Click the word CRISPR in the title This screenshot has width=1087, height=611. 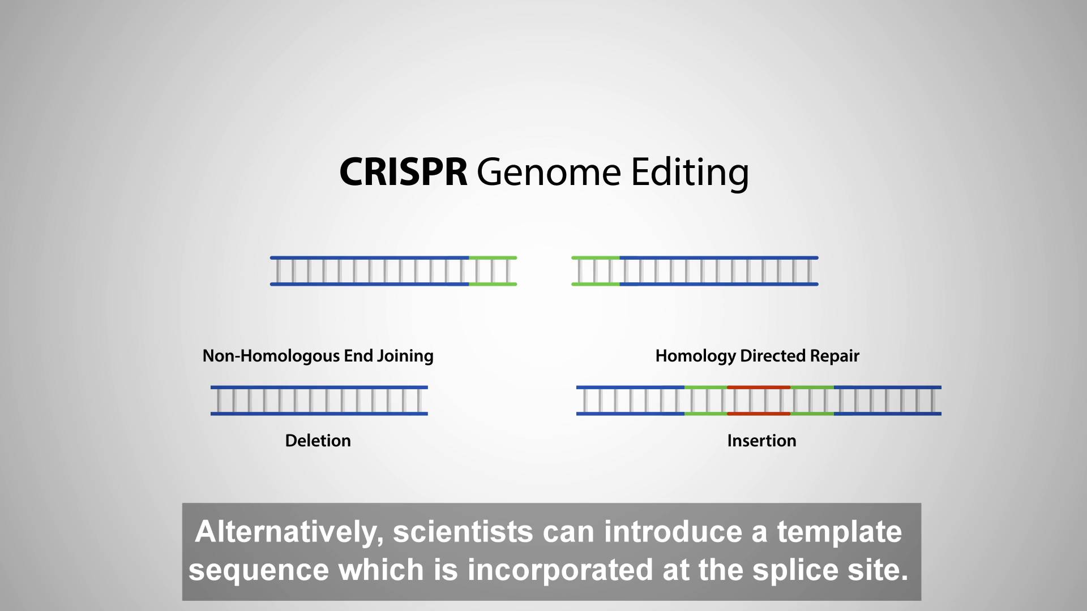click(x=403, y=172)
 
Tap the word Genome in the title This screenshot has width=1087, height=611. click(x=549, y=172)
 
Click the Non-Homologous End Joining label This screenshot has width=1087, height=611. click(x=318, y=356)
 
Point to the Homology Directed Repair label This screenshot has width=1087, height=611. click(x=758, y=356)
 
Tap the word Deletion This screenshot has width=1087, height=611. click(x=318, y=441)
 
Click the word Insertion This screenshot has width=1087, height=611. click(x=762, y=441)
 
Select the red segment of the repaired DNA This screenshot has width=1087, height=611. click(x=759, y=401)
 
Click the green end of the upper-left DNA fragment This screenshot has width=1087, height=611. click(x=493, y=271)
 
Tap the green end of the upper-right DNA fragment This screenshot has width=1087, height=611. click(x=596, y=271)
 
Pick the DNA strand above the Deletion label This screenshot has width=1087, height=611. click(x=319, y=401)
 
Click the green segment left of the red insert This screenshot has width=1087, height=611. click(x=706, y=401)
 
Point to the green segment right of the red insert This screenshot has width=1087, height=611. click(x=812, y=401)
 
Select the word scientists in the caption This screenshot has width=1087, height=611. click(x=463, y=532)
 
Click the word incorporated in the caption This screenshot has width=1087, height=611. click(x=560, y=571)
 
